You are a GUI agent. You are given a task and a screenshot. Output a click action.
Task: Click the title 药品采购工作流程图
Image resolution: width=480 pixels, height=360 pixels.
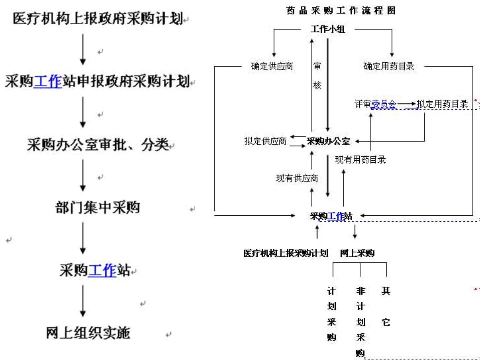[341, 11]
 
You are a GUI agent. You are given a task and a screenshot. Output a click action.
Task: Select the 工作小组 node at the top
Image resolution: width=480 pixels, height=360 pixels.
[328, 29]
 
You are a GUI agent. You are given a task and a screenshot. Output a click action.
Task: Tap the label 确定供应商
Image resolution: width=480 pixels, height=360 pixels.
[272, 66]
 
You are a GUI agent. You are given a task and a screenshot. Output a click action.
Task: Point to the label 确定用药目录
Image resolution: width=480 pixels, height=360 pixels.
[389, 66]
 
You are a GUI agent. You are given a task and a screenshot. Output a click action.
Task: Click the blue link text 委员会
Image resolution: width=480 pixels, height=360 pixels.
[384, 104]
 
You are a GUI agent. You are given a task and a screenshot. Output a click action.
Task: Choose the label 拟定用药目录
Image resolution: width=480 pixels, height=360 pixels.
[442, 104]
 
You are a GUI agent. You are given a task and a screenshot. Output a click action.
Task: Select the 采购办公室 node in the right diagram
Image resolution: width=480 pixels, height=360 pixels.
[328, 141]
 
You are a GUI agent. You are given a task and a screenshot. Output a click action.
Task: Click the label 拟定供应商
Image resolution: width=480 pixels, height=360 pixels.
[265, 141]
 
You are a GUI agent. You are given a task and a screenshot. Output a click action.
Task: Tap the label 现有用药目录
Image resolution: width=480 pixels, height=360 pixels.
[360, 160]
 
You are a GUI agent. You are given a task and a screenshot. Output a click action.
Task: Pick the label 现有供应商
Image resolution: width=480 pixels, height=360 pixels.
[297, 178]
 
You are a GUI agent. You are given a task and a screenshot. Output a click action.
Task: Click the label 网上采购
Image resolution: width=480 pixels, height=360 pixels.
[357, 253]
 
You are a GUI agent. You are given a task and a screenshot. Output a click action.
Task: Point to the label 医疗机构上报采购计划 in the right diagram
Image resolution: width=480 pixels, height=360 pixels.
[286, 253]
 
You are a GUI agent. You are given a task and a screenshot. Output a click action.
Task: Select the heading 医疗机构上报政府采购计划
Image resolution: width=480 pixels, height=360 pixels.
[98, 18]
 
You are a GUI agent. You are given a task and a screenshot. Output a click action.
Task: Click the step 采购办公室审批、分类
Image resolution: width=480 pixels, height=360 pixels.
[98, 145]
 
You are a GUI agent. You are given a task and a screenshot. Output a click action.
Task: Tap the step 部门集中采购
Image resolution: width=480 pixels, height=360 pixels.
[97, 207]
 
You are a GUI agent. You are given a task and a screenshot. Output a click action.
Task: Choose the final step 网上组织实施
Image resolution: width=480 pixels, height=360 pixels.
[88, 333]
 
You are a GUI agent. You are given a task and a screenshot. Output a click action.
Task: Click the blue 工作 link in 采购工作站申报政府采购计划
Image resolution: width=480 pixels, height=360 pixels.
[48, 81]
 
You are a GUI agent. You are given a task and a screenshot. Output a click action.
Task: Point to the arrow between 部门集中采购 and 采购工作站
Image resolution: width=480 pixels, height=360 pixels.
[83, 238]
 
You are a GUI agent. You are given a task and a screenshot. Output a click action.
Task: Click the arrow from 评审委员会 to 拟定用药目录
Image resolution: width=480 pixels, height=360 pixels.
[407, 104]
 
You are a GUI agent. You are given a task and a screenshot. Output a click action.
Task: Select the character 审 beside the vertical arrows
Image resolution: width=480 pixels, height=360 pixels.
[318, 66]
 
